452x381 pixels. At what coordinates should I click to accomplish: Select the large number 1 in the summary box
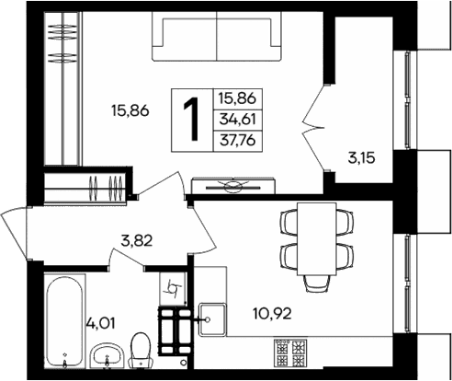coord(194,119)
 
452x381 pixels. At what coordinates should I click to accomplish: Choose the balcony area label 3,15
coord(362,157)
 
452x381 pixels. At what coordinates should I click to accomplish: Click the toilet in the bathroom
coord(141,350)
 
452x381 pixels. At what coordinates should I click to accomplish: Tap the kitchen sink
coord(209,320)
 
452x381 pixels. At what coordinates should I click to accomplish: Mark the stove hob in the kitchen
coord(293,351)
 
